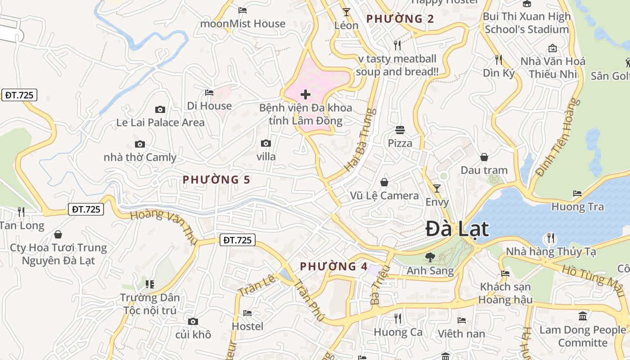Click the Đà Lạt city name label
tap(457, 229)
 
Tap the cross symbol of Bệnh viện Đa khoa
tap(306, 94)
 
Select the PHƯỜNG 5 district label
tap(216, 180)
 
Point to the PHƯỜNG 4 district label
tap(333, 266)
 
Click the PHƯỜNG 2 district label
tap(400, 19)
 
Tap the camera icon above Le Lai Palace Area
tap(160, 109)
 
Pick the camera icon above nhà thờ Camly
tap(140, 144)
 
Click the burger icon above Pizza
tap(400, 130)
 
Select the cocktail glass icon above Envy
tap(436, 189)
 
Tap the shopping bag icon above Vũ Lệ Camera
tap(384, 182)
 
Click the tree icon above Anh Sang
tap(430, 257)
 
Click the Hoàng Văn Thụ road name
tap(164, 227)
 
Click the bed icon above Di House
tap(209, 93)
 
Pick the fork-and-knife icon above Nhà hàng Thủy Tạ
tap(550, 238)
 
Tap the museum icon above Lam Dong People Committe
tap(583, 316)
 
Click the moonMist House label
tap(243, 23)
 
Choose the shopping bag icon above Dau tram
tap(484, 157)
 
